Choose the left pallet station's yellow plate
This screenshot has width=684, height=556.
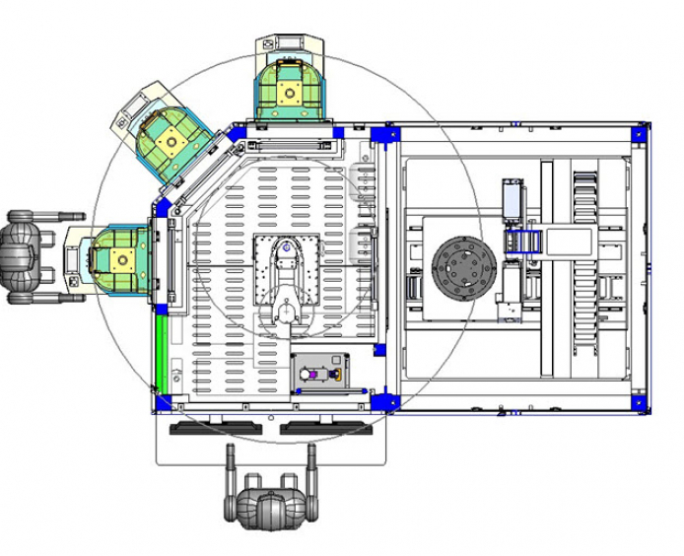(122, 260)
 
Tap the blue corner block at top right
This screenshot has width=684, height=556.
(640, 131)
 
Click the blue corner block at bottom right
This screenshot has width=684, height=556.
(640, 403)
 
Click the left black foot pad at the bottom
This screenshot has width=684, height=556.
(217, 428)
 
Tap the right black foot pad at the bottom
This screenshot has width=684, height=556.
(323, 428)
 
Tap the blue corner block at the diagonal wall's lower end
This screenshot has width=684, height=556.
(162, 210)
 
